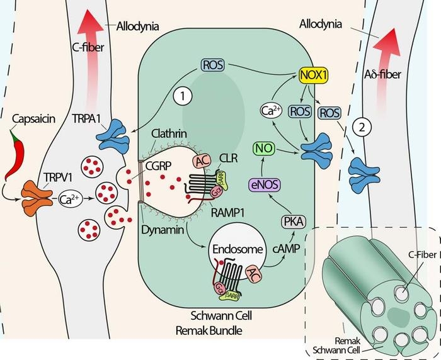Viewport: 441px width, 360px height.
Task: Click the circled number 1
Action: pos(182,97)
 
